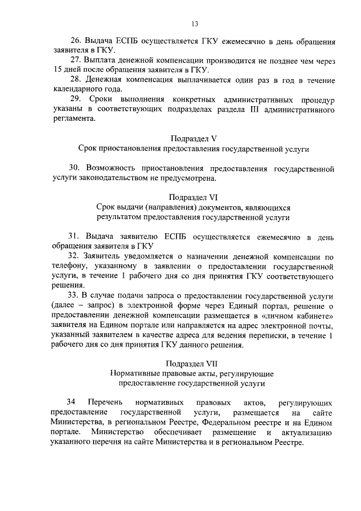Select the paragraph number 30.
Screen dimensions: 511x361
tap(74, 169)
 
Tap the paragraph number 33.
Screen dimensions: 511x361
tap(74, 296)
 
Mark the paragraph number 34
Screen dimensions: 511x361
tap(71, 402)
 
